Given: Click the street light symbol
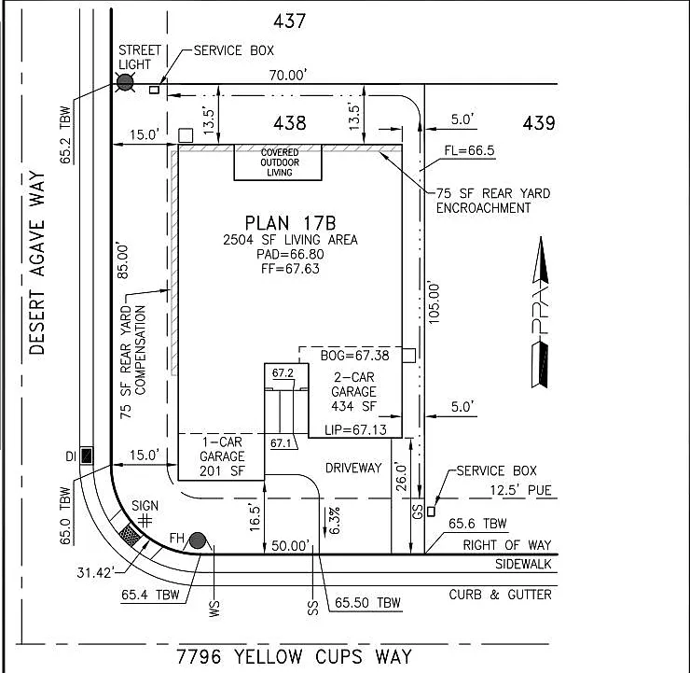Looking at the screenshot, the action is click(x=125, y=82).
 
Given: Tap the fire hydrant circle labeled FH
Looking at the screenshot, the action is click(x=198, y=540).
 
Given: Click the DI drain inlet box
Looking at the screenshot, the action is click(x=86, y=456).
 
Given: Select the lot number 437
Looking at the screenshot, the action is click(x=289, y=21).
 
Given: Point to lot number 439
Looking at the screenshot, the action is click(x=539, y=123).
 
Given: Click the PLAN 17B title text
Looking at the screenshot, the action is click(x=290, y=223).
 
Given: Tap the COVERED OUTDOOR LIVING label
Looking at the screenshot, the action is click(x=280, y=162).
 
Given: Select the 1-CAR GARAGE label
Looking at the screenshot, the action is click(x=222, y=456).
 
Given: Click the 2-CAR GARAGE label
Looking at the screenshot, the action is click(x=353, y=391).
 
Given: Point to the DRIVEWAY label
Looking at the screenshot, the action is click(x=353, y=468).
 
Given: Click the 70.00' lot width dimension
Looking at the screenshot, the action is click(x=288, y=76).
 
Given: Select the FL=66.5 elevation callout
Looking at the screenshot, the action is click(x=469, y=150).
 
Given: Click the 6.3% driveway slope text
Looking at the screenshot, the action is click(x=335, y=520).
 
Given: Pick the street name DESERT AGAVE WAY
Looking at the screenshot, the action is click(x=37, y=263).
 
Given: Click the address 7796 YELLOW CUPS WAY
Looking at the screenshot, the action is click(x=294, y=657).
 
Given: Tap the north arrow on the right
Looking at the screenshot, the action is click(x=541, y=313).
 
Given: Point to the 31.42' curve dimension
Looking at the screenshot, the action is click(x=95, y=572).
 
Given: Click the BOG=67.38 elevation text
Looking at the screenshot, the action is click(x=354, y=356).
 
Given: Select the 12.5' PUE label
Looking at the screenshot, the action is click(x=520, y=490).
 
